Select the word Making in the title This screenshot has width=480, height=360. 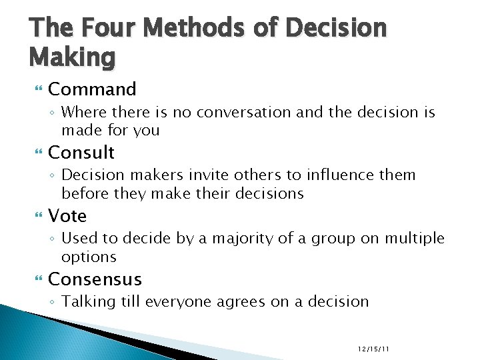(x=72, y=58)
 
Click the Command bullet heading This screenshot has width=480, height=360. (x=92, y=89)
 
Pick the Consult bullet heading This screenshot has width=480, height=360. (x=81, y=153)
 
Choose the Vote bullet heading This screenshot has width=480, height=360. (x=67, y=216)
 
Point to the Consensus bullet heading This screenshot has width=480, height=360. (x=95, y=279)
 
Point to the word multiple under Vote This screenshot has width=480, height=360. (x=414, y=239)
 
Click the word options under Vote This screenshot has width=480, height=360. (x=89, y=257)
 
